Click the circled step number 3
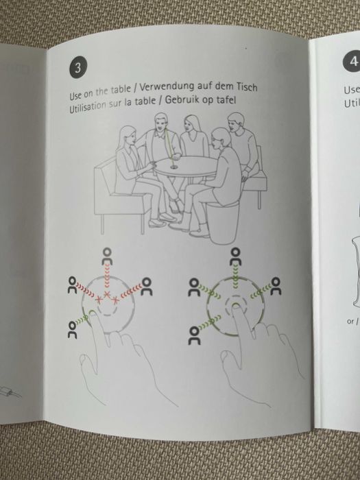pos(77,68)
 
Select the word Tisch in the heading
pos(246,87)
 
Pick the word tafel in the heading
pos(226,100)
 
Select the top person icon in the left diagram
pos(107,256)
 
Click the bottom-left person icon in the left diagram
pos(72,330)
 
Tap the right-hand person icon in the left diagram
pos(147,287)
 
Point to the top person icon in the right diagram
pos(235,256)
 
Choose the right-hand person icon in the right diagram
pos(276,287)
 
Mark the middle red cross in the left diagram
pos(106,294)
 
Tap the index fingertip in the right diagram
pos(236,307)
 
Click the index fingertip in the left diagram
pos(92,313)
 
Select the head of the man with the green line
pos(160,121)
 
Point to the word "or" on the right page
pos(350,322)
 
